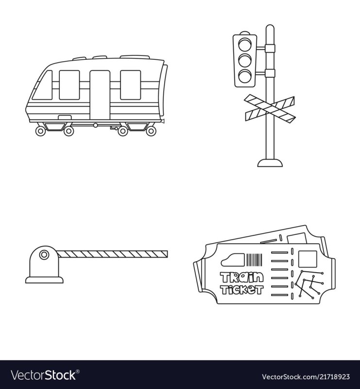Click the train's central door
click(x=100, y=95)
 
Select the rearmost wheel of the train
click(x=151, y=131)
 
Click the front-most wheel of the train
click(x=41, y=131)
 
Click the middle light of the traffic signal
click(x=245, y=60)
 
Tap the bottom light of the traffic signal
click(x=245, y=76)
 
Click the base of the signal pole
click(x=270, y=163)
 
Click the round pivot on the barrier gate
click(x=44, y=254)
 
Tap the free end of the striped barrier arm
click(x=167, y=254)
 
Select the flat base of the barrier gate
click(x=44, y=280)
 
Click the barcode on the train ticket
click(x=254, y=260)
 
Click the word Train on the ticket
click(x=241, y=278)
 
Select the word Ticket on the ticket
click(x=241, y=289)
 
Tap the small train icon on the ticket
click(x=233, y=260)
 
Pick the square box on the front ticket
click(x=308, y=259)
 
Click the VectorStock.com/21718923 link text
click(x=306, y=376)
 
